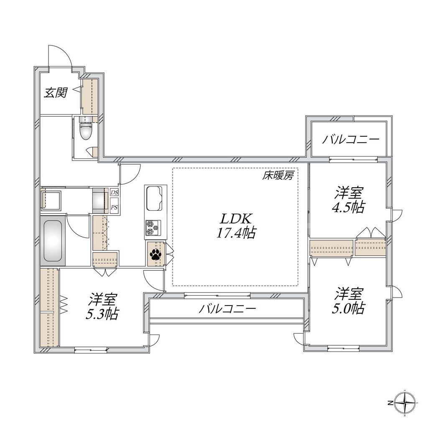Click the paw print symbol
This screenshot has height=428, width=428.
point(155,254)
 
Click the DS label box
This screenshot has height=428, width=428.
point(115,193)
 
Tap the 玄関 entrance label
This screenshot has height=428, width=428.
point(56,93)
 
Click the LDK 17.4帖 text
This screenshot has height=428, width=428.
point(235,226)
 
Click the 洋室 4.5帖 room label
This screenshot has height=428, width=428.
point(349,200)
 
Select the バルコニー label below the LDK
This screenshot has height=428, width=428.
point(227,309)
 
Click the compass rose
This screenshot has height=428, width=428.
point(406,403)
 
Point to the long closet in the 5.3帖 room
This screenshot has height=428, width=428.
point(50,307)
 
